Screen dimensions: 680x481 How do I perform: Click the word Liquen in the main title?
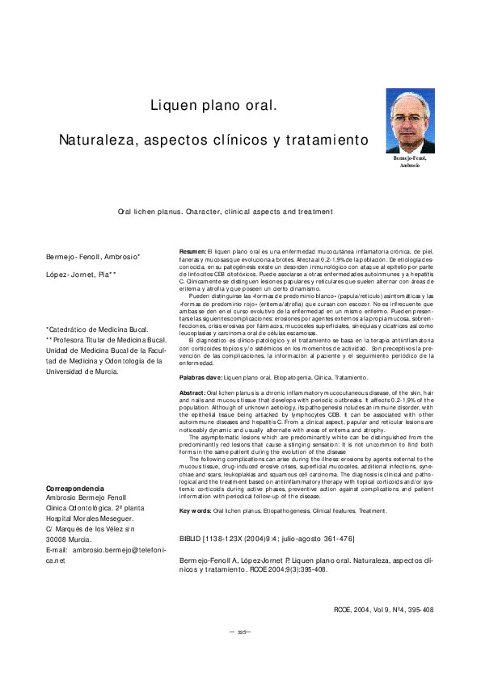(x=172, y=106)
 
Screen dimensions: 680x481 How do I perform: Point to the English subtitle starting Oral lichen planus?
(x=225, y=212)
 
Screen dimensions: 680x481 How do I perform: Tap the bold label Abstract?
(x=192, y=392)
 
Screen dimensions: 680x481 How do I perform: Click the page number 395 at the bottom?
(x=240, y=654)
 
